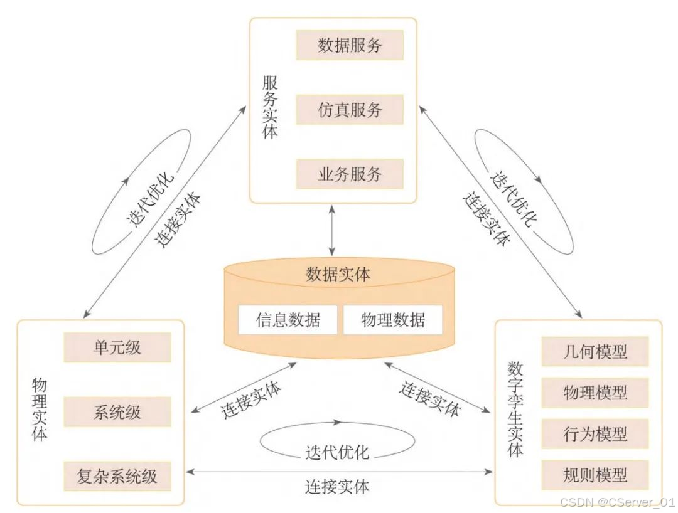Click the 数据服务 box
[x=350, y=46]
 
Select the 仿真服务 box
[x=350, y=110]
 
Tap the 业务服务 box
[x=350, y=174]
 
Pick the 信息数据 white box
[x=288, y=320]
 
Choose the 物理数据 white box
[x=392, y=320]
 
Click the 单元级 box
[x=117, y=347]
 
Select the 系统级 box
[x=117, y=412]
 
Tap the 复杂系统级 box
[x=117, y=476]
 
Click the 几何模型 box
[x=595, y=351]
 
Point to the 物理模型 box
[x=595, y=393]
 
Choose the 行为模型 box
[x=595, y=434]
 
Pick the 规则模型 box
[x=595, y=475]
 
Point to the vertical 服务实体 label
[x=270, y=107]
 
